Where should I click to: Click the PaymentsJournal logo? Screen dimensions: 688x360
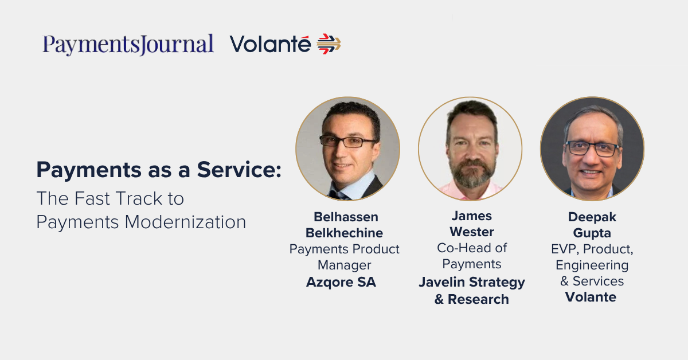[128, 45]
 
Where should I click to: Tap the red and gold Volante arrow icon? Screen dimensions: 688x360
[329, 44]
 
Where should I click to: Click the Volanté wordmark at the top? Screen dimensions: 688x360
[270, 44]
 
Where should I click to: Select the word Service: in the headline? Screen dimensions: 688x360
[239, 170]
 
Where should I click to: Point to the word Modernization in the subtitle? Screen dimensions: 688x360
[186, 222]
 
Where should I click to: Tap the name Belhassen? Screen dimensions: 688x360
[346, 217]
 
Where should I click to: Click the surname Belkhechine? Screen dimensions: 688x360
[345, 233]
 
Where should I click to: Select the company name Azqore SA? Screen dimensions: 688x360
[341, 282]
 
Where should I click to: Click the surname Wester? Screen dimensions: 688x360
[472, 232]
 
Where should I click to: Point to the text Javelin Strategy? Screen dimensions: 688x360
[472, 282]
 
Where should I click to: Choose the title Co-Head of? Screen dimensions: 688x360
[472, 248]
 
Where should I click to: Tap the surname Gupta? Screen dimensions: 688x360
[592, 233]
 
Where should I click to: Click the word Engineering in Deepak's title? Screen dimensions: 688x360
[592, 265]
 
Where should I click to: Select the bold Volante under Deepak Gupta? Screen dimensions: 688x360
[591, 297]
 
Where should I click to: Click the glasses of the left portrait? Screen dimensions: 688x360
[349, 142]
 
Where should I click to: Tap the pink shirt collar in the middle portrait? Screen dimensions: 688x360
[470, 190]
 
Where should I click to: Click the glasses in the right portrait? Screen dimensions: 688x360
[592, 148]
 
